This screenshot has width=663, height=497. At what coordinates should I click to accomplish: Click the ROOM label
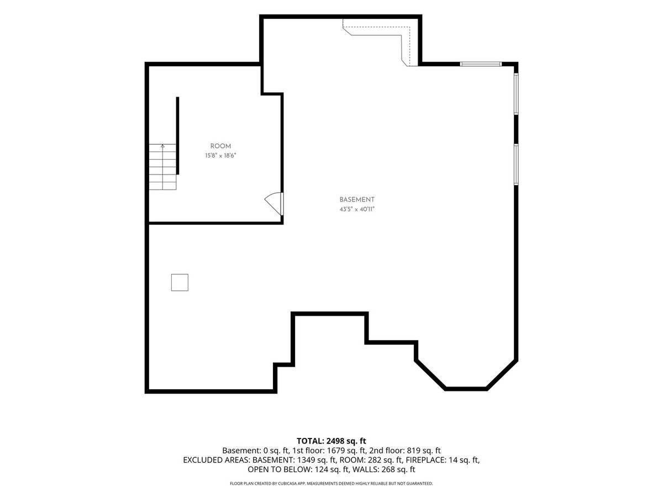pyautogui.click(x=220, y=146)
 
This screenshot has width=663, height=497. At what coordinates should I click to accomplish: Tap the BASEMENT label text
pyautogui.click(x=357, y=199)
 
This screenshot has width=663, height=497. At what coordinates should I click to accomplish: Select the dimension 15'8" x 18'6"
pyautogui.click(x=220, y=156)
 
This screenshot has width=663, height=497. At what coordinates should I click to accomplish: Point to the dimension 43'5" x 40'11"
pyautogui.click(x=357, y=209)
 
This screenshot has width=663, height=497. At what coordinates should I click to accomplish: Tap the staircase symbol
pyautogui.click(x=162, y=167)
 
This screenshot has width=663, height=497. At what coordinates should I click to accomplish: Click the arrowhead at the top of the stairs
pyautogui.click(x=162, y=146)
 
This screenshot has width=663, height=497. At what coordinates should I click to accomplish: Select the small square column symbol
pyautogui.click(x=180, y=282)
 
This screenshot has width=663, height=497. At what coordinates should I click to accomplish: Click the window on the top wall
pyautogui.click(x=481, y=64)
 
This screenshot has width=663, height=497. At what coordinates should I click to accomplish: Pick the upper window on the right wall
pyautogui.click(x=516, y=93)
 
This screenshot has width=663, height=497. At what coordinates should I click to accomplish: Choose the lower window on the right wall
pyautogui.click(x=516, y=164)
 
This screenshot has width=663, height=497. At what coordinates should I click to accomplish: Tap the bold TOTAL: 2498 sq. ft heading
pyautogui.click(x=331, y=441)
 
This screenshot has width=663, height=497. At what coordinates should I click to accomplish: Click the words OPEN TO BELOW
pyautogui.click(x=279, y=469)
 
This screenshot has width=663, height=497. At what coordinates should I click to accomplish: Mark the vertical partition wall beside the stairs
pyautogui.click(x=177, y=135)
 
